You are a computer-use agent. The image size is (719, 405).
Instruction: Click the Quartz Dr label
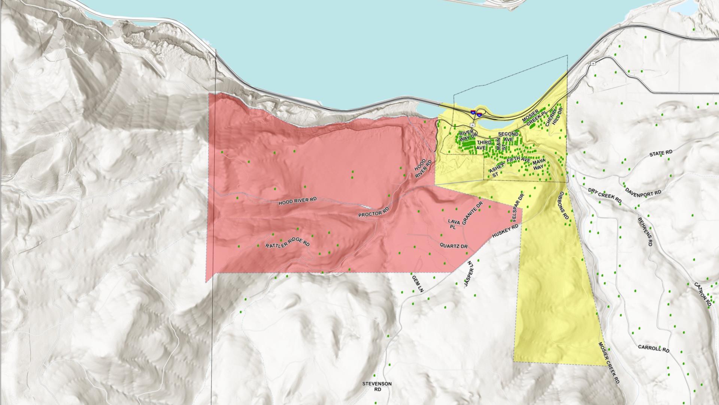point(454,246)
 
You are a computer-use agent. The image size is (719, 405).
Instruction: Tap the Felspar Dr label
point(516,207)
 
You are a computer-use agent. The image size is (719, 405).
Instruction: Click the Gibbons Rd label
point(564,205)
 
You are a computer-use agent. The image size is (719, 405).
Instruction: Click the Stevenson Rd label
point(377,386)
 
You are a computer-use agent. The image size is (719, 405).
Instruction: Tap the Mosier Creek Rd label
point(609,362)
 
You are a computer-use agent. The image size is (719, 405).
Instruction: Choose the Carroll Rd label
point(653,349)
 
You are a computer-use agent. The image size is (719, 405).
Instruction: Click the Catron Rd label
point(702,294)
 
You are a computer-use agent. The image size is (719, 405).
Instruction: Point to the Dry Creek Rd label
point(604,195)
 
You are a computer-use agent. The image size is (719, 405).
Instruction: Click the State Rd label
point(661,153)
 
